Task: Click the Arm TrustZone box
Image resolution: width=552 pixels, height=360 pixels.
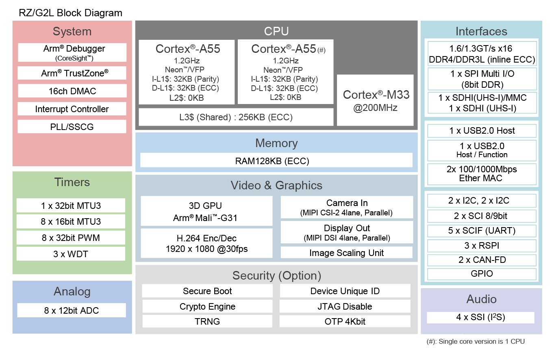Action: click(72, 73)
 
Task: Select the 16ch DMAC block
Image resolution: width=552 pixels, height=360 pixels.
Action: click(72, 91)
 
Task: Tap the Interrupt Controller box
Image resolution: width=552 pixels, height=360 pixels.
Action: click(72, 109)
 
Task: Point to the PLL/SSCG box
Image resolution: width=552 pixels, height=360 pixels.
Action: click(72, 127)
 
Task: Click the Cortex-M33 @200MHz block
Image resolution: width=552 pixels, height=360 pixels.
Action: click(375, 100)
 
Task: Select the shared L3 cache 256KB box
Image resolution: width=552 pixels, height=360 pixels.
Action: click(236, 117)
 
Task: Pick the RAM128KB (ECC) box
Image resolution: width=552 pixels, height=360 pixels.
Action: click(276, 160)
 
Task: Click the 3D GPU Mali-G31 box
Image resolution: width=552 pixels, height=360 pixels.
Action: click(206, 211)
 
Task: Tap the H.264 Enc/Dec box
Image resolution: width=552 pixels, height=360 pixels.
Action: click(206, 243)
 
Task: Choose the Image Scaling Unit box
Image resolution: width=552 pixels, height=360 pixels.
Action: click(346, 253)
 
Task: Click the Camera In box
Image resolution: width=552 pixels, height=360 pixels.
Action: click(346, 207)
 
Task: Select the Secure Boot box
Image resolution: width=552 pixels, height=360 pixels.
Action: click(207, 291)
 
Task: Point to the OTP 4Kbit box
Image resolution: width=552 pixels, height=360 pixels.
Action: click(345, 321)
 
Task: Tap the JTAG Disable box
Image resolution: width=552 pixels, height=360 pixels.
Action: click(345, 306)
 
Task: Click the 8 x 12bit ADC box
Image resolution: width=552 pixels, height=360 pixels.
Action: click(72, 310)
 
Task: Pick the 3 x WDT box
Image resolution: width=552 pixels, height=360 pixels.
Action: click(71, 254)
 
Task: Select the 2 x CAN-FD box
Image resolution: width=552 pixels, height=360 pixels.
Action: click(482, 260)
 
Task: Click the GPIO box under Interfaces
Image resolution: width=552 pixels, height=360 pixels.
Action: click(482, 273)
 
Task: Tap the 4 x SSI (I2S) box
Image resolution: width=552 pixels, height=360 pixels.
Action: click(480, 317)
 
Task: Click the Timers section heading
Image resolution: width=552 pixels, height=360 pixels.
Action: click(72, 182)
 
